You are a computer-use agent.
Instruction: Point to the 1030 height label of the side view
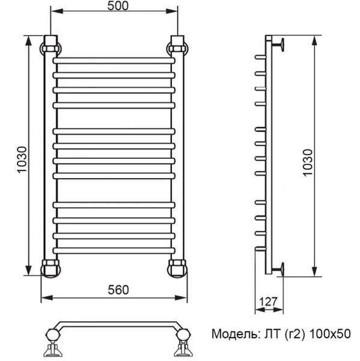308,159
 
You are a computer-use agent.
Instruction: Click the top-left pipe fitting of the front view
50,45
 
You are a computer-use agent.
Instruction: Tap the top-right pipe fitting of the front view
178,45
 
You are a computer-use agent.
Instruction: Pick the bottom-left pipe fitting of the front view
50,267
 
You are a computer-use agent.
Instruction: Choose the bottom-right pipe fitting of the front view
178,267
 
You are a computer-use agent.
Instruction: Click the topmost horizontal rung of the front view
114,61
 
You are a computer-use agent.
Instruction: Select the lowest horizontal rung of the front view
114,249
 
